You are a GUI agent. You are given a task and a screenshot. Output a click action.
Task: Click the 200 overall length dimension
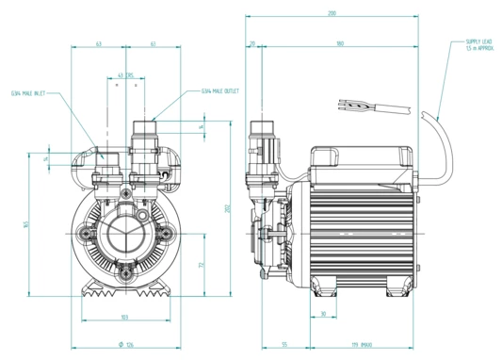point(332,13)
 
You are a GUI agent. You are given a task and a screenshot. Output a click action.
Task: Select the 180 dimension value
point(338,43)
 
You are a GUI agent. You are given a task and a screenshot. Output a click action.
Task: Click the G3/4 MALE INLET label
point(27,93)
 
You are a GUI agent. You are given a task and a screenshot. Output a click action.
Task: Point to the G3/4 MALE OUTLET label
point(219,91)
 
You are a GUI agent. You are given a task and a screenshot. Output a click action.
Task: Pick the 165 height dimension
point(27,223)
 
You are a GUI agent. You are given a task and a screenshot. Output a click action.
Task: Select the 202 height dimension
point(231,209)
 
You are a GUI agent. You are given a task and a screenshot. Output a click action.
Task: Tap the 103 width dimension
point(124,319)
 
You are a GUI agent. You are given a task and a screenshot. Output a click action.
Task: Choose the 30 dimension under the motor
point(323,314)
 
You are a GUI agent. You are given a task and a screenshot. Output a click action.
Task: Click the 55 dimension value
point(284,345)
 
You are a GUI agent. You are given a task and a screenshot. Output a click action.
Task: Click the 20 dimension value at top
point(252,43)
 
